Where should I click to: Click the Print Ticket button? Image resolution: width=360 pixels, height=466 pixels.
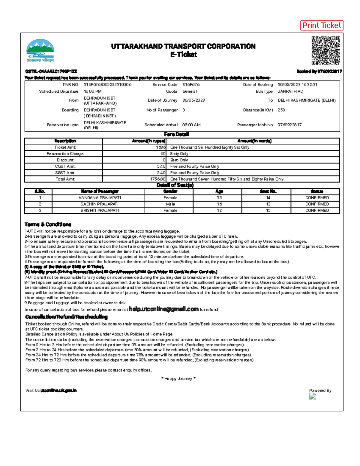pos(322,26)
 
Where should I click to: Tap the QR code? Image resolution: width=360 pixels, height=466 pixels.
pos(325,50)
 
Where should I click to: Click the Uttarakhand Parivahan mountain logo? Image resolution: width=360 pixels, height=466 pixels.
pos(40,50)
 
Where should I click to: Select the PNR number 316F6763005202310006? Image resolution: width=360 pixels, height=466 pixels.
pos(107,85)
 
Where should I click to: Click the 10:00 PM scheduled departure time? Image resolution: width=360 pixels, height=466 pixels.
pos(92,92)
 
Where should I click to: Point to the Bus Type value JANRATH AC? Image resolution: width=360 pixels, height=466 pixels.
pos(290,92)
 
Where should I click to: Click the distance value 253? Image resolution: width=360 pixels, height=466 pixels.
pos(281,110)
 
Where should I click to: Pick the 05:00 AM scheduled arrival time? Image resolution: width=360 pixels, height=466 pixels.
pos(191,125)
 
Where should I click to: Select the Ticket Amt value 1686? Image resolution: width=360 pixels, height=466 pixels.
pos(160,147)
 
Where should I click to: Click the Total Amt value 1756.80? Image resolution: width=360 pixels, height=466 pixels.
pos(157,179)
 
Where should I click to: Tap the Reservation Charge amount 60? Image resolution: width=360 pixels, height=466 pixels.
pos(163,154)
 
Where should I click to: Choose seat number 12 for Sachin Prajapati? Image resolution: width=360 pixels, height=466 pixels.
pos(268,204)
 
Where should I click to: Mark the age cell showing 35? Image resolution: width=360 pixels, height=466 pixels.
pos(219,198)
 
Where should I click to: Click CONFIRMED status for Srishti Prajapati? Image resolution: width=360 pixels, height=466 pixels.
pos(317,210)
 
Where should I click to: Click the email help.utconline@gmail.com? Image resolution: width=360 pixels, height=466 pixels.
pos(163,309)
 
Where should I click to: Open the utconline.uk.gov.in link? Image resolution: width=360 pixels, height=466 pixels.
pos(58,390)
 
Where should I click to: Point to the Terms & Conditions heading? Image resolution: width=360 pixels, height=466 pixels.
pos(48,224)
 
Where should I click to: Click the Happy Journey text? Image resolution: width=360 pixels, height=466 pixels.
pos(178,379)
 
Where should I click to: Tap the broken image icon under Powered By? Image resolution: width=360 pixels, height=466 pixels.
pos(313,396)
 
